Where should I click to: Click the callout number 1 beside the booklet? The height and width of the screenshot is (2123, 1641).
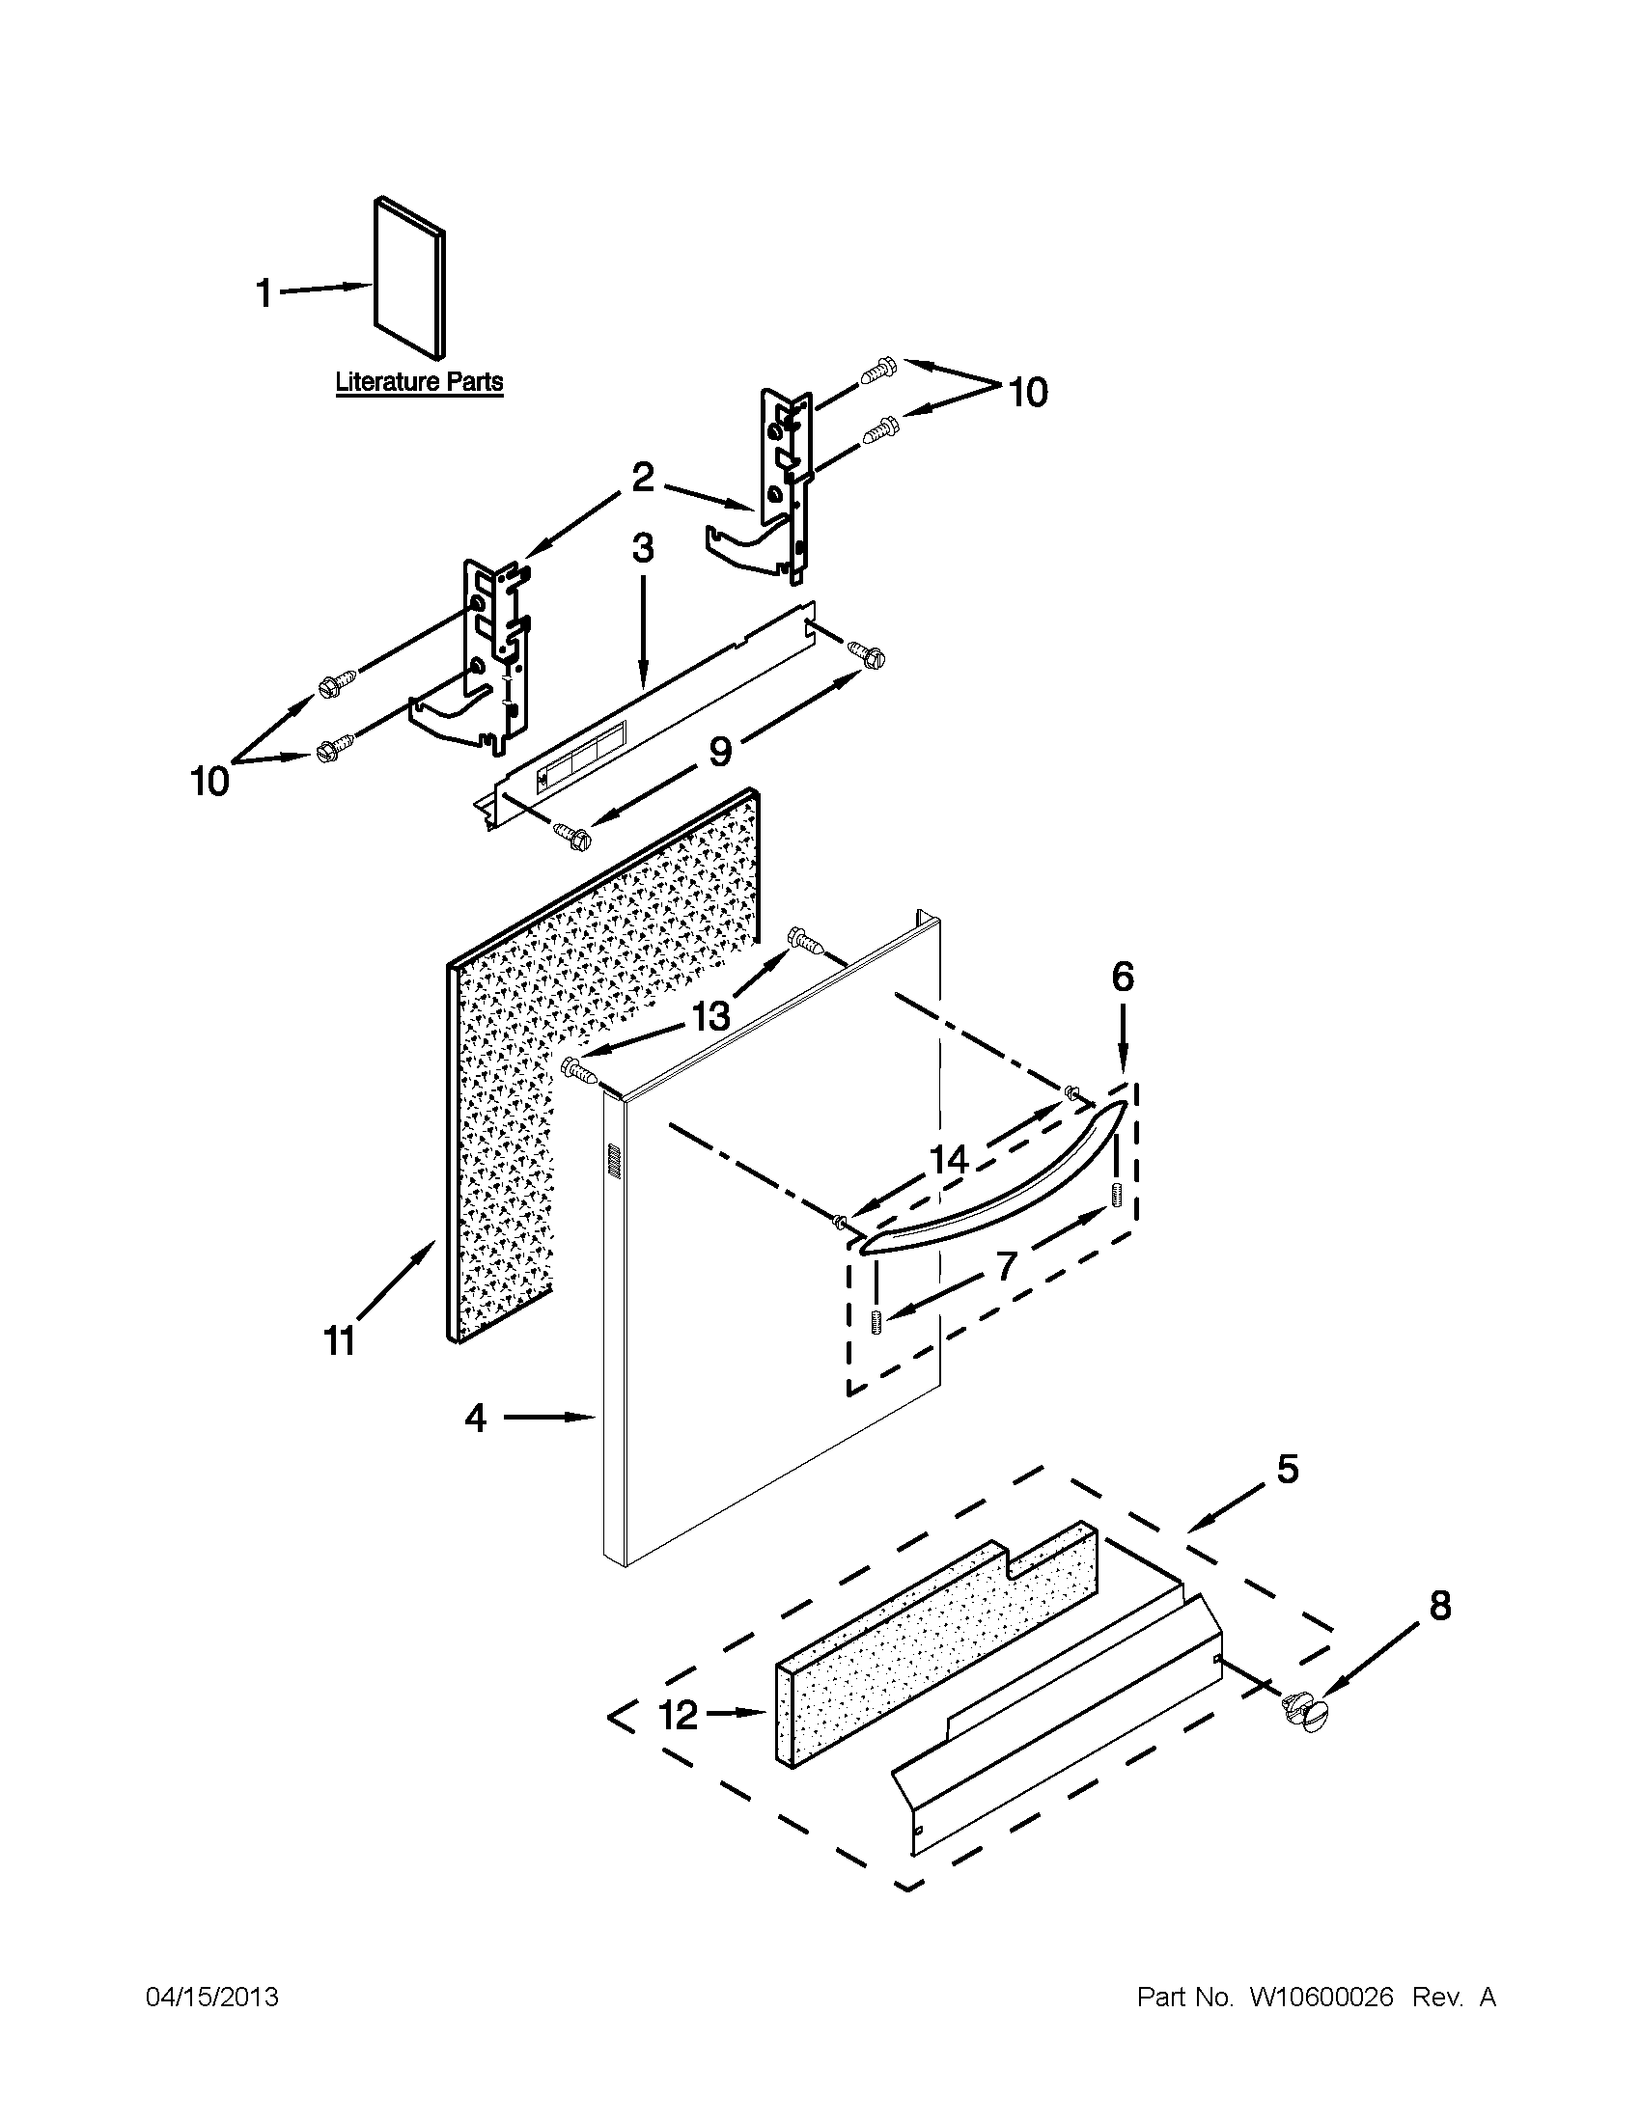(x=264, y=292)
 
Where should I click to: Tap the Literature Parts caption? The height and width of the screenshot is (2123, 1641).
(x=419, y=382)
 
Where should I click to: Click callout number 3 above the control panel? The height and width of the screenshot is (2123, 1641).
(x=643, y=549)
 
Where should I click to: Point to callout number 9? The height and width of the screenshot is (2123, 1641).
(x=719, y=751)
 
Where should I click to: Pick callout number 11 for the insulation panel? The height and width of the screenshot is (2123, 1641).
(x=338, y=1342)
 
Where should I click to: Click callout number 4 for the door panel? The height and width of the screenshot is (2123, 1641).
(x=474, y=1419)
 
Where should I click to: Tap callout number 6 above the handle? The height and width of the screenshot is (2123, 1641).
(x=1122, y=977)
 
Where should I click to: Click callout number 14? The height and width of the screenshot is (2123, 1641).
(x=949, y=1159)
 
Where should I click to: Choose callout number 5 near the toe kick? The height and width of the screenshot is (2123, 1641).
(x=1287, y=1469)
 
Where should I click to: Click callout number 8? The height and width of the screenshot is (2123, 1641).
(x=1439, y=1605)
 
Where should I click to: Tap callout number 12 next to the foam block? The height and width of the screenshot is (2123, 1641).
(x=679, y=1715)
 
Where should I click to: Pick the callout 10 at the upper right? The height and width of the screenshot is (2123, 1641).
(x=1028, y=393)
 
